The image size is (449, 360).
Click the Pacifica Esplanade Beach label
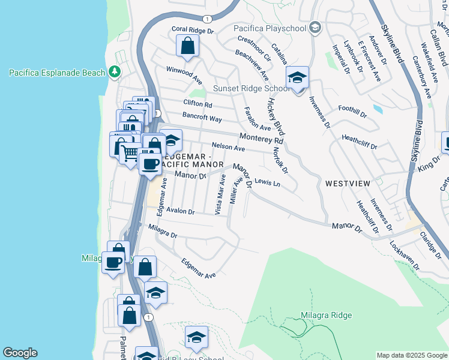57,73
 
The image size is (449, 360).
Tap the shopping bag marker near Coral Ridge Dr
188,46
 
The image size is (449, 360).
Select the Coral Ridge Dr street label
193,30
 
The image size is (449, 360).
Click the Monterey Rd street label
261,139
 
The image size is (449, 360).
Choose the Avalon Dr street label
181,211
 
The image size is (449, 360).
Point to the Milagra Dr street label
163,232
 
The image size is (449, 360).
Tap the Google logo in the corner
20,353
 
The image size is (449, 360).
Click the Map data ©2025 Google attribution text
412,355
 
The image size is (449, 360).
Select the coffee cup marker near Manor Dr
149,163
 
